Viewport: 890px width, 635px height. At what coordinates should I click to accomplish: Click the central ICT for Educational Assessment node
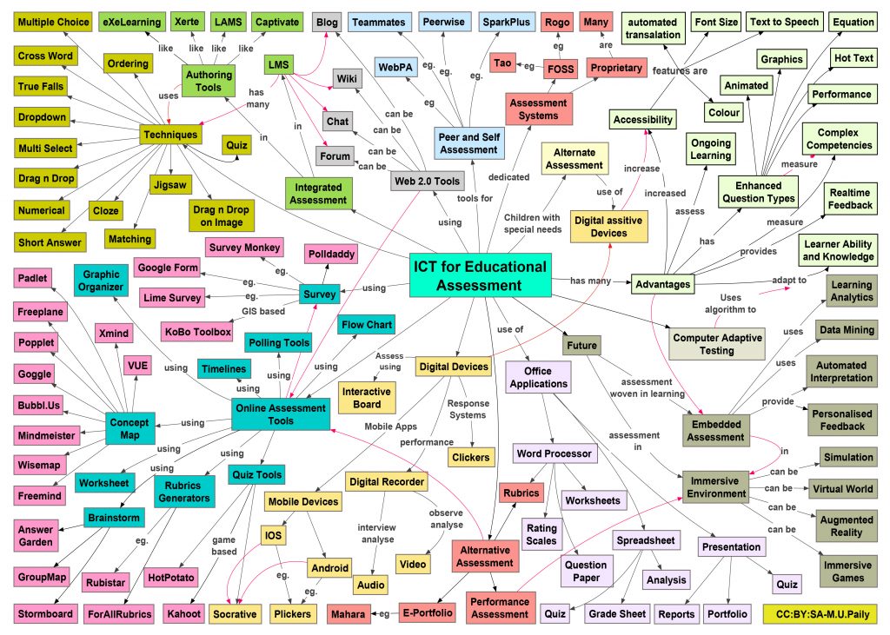(x=480, y=275)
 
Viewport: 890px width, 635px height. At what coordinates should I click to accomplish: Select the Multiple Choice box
(x=53, y=22)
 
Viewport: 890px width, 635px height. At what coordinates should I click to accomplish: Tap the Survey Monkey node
(x=244, y=248)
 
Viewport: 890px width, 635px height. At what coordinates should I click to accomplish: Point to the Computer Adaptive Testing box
(x=717, y=344)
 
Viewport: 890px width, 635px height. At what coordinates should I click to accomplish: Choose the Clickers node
(x=470, y=458)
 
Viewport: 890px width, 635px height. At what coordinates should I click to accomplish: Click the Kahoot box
(x=183, y=613)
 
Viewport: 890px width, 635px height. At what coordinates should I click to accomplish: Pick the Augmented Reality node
(x=846, y=526)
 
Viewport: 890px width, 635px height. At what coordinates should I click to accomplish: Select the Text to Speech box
(x=785, y=22)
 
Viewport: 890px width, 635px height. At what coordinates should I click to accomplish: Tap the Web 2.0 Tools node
(x=428, y=182)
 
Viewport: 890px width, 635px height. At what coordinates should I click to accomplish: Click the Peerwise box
(x=444, y=22)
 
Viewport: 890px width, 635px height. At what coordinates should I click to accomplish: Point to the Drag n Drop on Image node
(x=221, y=215)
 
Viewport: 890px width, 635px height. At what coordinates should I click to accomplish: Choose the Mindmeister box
(x=47, y=436)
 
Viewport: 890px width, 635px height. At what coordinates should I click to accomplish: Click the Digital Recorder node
(x=387, y=482)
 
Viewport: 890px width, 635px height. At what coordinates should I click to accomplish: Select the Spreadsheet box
(x=646, y=540)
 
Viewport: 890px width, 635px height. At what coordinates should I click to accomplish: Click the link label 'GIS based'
(x=263, y=311)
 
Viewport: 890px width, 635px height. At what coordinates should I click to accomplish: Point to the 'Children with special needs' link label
(x=533, y=223)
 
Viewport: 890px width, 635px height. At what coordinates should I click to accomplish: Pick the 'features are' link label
(x=680, y=71)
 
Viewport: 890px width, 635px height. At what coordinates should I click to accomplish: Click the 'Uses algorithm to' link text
(x=730, y=303)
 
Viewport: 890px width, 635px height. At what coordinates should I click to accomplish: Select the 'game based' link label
(x=224, y=546)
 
